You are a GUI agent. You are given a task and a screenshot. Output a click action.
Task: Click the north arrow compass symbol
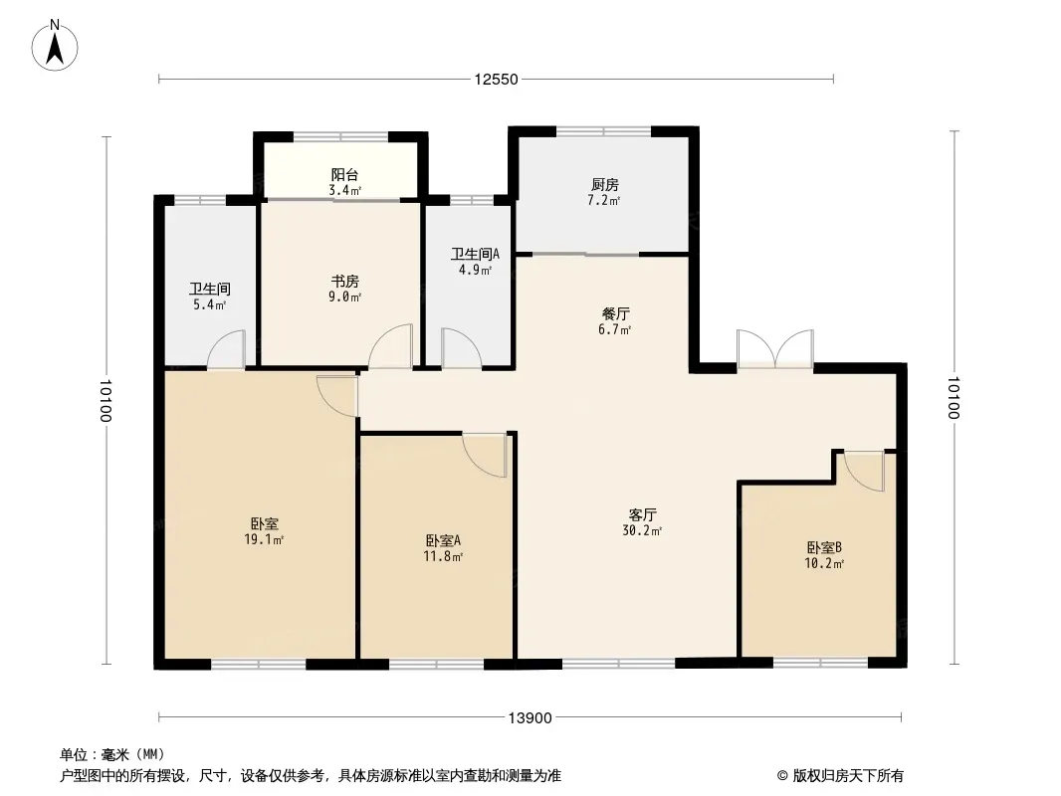[55, 45]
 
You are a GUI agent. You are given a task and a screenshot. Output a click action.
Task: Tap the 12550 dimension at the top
[496, 80]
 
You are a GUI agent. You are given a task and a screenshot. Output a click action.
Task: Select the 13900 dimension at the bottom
[530, 717]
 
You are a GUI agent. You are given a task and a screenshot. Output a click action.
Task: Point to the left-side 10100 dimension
[106, 400]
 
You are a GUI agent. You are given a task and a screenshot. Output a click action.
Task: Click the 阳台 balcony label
[344, 174]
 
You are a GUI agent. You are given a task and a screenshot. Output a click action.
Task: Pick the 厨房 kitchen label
[605, 185]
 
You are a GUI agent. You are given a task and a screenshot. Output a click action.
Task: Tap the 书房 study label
[344, 281]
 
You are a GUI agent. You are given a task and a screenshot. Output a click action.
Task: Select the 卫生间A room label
[475, 255]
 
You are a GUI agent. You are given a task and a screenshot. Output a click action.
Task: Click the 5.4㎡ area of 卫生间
[210, 305]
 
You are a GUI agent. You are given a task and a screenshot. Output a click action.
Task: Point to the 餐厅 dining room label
[616, 313]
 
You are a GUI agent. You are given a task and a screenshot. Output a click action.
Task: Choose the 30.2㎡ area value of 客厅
[642, 531]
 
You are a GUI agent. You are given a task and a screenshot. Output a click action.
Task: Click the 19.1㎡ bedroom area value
[264, 539]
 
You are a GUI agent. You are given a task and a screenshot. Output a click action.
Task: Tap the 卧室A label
[443, 541]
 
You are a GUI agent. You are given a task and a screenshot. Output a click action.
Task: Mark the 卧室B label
[824, 547]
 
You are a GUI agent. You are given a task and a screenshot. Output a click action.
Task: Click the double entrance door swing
[774, 349]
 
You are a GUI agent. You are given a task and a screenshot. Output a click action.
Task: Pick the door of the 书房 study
[390, 346]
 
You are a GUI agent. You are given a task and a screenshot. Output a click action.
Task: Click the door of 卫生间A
[462, 348]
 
